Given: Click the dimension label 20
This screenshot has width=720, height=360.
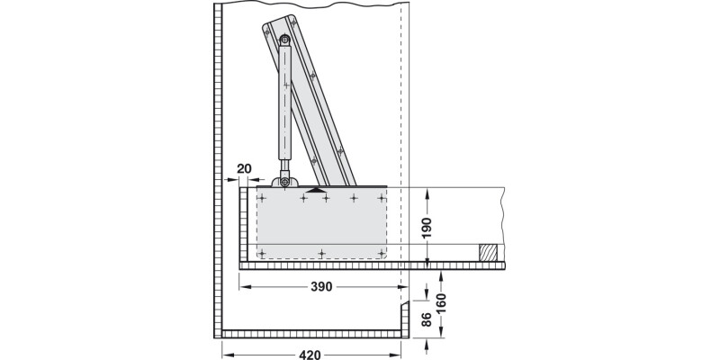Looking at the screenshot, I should [243, 168].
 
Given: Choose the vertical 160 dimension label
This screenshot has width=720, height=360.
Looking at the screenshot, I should [440, 302].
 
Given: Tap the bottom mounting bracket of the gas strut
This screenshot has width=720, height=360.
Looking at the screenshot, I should [286, 182].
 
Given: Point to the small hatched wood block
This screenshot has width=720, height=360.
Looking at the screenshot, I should [488, 253].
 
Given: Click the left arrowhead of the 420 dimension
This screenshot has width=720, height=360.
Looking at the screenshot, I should [226, 354].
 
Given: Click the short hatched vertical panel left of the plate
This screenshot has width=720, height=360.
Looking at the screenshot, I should [243, 225].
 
